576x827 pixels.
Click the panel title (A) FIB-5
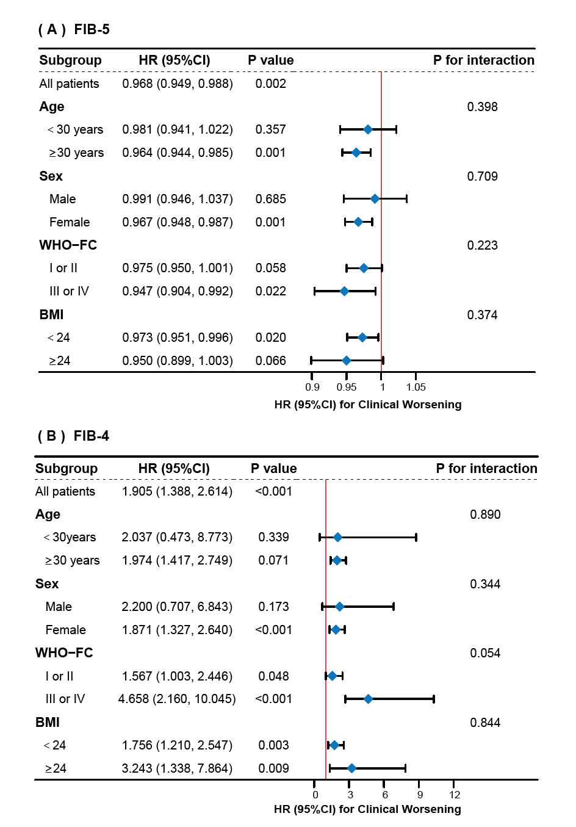(x=74, y=29)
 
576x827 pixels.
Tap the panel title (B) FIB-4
(x=73, y=436)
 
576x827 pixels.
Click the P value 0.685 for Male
(x=270, y=199)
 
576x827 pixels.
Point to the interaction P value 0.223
(x=482, y=245)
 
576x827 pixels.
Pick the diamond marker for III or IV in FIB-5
(x=344, y=291)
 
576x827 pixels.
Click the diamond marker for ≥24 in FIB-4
(x=351, y=768)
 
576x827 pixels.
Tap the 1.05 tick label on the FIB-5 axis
(x=416, y=387)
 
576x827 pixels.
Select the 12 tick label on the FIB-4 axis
(x=455, y=795)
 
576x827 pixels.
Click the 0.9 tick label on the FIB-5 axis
(x=312, y=387)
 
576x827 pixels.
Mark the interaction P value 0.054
(x=485, y=653)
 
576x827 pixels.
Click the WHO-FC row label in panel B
(x=64, y=653)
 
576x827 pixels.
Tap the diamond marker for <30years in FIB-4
(x=338, y=537)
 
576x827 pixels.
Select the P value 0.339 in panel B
(x=273, y=537)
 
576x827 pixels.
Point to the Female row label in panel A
(x=70, y=222)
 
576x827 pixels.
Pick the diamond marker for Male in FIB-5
(x=375, y=199)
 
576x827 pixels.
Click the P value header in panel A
(x=270, y=60)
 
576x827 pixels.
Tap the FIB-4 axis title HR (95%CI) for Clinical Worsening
(x=367, y=809)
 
